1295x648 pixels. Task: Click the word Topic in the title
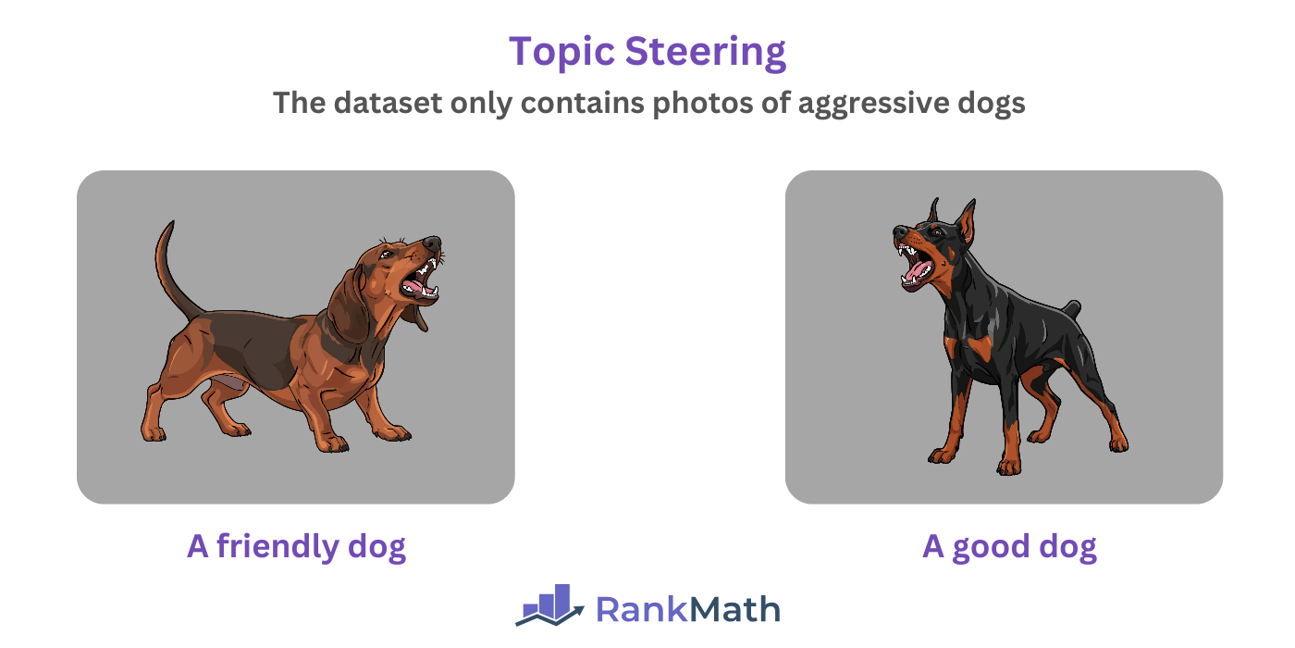pos(561,52)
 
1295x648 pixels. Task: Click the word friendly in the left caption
pos(277,546)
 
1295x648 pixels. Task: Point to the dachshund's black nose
pos(433,243)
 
